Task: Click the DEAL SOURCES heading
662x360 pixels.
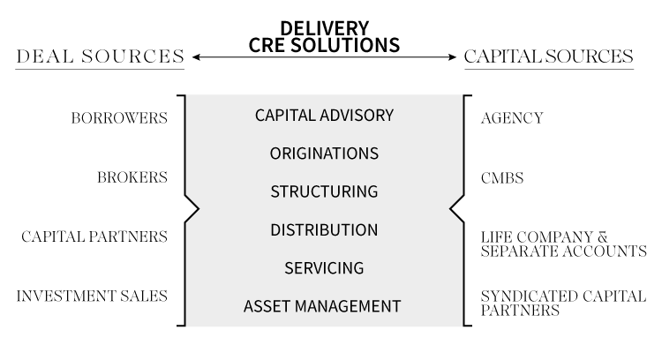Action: coord(100,57)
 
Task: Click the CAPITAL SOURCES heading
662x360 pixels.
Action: coord(549,57)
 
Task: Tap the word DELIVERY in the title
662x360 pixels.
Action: coord(324,27)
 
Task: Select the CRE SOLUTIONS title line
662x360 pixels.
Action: coord(324,44)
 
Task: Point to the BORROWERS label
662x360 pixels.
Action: coord(120,118)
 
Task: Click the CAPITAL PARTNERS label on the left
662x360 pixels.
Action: coord(94,236)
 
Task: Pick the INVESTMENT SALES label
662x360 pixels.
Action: coord(92,296)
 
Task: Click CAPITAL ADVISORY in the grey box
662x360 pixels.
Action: coord(324,116)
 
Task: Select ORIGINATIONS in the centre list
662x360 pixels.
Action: coord(324,154)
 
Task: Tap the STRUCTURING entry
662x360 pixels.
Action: coord(324,191)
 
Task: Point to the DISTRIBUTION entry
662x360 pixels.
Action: coord(324,230)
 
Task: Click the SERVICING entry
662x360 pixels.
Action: coord(324,267)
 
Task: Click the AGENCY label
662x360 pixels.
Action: coord(512,118)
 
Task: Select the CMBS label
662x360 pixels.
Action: coord(502,178)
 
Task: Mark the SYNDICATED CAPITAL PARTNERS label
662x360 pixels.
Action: coord(562,303)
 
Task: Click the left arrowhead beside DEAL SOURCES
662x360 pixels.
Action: coord(196,57)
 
